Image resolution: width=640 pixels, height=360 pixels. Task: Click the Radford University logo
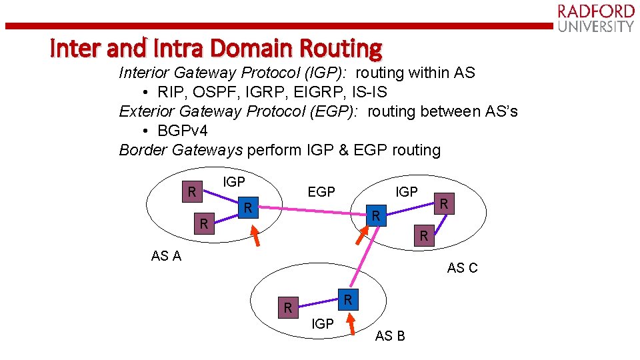click(595, 18)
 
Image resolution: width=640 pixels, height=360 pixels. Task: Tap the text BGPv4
click(183, 131)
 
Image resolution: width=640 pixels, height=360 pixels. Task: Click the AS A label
click(166, 256)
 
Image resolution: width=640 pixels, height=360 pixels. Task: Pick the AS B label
click(390, 336)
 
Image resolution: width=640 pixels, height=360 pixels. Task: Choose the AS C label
click(463, 268)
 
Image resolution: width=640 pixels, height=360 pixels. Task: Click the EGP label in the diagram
click(321, 192)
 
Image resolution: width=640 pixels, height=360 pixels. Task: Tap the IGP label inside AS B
click(323, 324)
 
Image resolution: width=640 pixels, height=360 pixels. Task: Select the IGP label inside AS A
click(234, 181)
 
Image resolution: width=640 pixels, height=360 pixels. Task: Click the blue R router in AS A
click(247, 208)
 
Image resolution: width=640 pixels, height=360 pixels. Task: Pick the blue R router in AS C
click(376, 215)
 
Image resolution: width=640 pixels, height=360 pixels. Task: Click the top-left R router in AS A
click(192, 192)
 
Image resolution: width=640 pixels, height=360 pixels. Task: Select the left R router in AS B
click(288, 307)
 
